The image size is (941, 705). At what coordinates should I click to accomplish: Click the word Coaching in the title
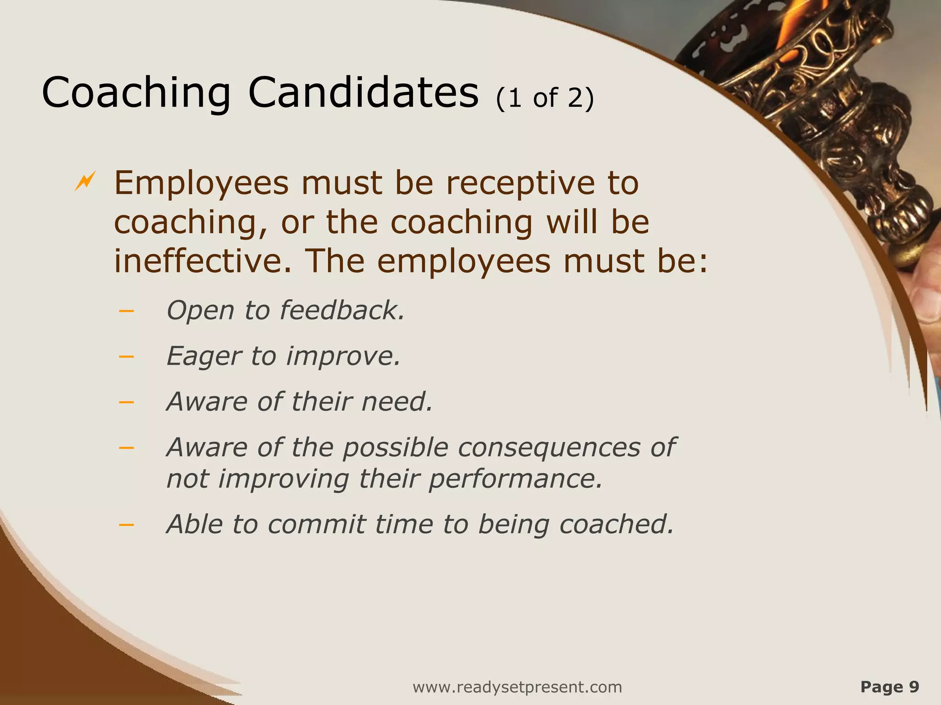click(136, 93)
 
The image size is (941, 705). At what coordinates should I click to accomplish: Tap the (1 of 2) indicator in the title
click(545, 98)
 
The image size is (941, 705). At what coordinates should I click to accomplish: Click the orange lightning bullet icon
click(85, 181)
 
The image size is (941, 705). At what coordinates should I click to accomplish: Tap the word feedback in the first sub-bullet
click(342, 310)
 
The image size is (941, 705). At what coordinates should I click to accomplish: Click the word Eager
click(203, 357)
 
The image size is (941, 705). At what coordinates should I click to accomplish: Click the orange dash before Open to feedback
click(126, 311)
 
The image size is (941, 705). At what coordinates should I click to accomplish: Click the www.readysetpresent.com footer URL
click(517, 687)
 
